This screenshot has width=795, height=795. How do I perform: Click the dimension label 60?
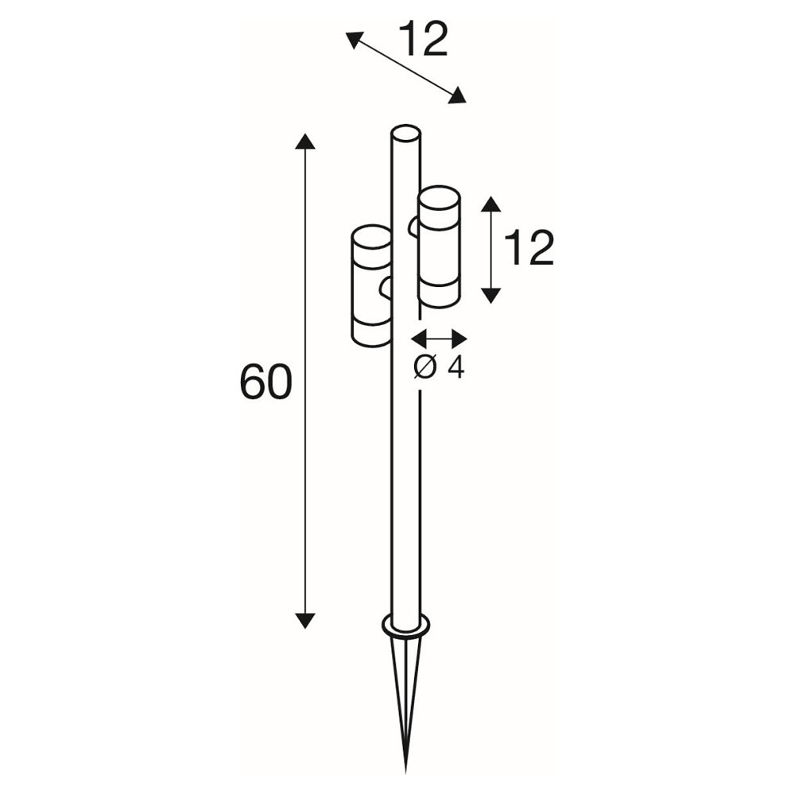266,382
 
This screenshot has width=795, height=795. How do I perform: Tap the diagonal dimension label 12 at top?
424,40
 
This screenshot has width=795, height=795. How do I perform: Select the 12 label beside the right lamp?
529,248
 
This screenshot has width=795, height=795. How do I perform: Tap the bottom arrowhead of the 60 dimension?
304,621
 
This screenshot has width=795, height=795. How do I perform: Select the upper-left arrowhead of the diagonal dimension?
355,40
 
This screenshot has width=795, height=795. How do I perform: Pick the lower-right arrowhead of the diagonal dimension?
457,96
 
